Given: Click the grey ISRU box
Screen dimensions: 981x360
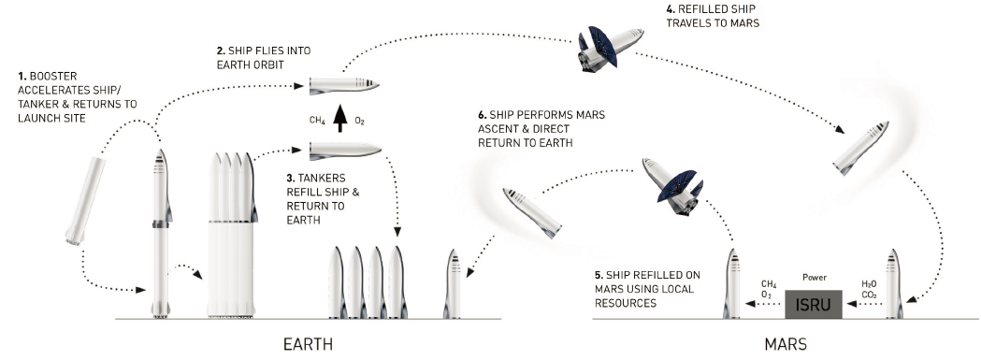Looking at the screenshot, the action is pyautogui.click(x=814, y=304).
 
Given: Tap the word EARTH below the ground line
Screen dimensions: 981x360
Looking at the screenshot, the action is pyautogui.click(x=308, y=344).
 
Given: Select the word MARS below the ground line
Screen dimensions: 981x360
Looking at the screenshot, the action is pyautogui.click(x=786, y=344).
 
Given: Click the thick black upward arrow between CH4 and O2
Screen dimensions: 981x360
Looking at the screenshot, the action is pyautogui.click(x=339, y=119).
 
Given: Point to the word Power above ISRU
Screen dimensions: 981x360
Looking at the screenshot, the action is pyautogui.click(x=814, y=278).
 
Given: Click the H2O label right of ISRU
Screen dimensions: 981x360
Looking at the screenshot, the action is pyautogui.click(x=869, y=283).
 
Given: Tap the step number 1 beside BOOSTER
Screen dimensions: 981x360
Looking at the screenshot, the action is pyautogui.click(x=22, y=77).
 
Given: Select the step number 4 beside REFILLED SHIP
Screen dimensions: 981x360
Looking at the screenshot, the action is pyautogui.click(x=670, y=9).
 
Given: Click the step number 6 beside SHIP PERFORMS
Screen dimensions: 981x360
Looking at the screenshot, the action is pyautogui.click(x=482, y=115).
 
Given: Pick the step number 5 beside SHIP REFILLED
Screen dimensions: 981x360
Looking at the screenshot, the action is pyautogui.click(x=599, y=276).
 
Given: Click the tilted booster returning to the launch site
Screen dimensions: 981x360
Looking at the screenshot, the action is pyautogui.click(x=85, y=200).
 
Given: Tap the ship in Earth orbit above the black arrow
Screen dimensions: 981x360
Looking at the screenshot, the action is pyautogui.click(x=344, y=86).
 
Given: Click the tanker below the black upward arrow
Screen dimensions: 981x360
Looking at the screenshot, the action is pyautogui.click(x=345, y=150).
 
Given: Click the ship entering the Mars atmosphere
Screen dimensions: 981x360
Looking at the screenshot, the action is pyautogui.click(x=861, y=148).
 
